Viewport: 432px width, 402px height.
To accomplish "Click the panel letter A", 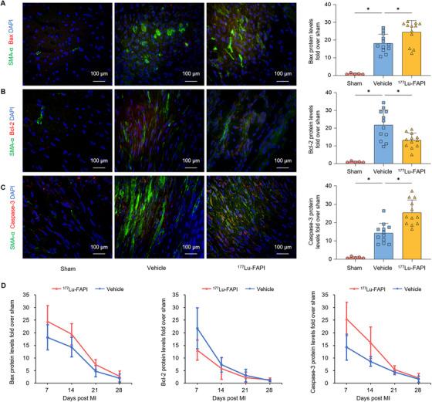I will tap(5, 5).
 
